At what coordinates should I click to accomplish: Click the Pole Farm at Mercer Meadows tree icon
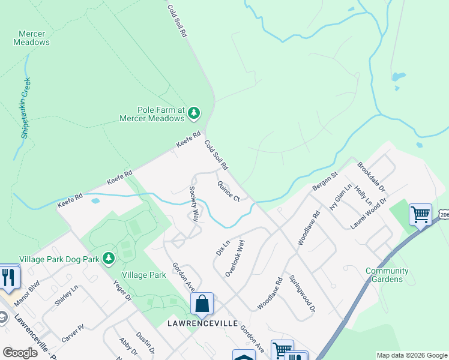193,113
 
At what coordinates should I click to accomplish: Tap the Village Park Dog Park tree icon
109,259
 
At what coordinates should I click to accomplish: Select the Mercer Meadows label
31,38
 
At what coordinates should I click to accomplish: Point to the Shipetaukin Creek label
25,108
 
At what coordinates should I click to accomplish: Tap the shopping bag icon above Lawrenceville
202,304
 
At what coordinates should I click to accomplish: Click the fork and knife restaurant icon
9,277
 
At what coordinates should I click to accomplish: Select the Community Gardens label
387,275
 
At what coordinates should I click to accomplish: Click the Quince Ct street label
229,191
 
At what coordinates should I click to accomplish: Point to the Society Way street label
194,204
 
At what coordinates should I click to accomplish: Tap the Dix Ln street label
223,248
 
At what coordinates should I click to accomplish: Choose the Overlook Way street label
235,258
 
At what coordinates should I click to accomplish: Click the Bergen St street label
325,181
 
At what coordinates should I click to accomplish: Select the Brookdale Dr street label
371,176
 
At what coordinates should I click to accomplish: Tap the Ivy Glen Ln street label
340,197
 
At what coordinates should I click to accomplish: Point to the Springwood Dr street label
302,294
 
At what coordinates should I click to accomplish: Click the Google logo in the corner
20,353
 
